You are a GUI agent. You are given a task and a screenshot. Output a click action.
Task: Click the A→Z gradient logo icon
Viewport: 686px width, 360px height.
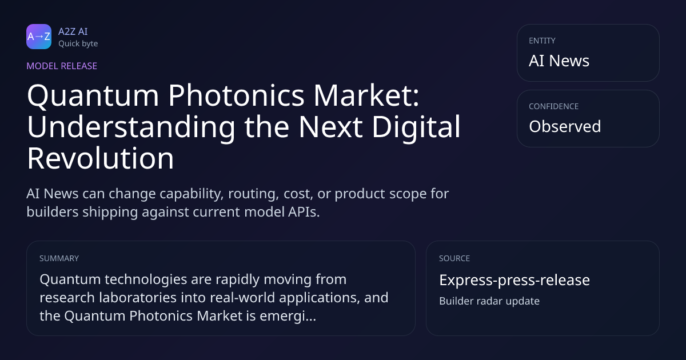[39, 37]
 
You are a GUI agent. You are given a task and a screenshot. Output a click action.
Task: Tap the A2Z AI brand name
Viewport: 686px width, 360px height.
[73, 31]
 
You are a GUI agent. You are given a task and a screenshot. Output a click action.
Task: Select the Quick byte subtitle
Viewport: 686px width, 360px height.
[78, 44]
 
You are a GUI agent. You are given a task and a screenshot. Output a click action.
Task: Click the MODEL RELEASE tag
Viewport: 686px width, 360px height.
[62, 66]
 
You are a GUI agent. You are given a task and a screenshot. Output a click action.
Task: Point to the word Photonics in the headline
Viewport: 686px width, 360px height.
[236, 96]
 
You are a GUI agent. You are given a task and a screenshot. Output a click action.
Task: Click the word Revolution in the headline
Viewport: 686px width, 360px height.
[101, 158]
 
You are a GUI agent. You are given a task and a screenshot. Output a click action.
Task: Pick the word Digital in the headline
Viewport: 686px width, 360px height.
[416, 127]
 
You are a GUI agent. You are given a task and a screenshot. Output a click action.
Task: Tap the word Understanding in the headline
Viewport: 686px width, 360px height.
[131, 127]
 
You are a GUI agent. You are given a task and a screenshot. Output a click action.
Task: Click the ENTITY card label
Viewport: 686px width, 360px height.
[542, 41]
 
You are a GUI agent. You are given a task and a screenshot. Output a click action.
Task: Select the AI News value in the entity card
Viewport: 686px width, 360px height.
[559, 61]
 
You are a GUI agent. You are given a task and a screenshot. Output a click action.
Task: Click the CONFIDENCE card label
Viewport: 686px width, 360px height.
[554, 106]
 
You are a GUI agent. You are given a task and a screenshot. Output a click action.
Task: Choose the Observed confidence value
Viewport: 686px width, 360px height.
[565, 126]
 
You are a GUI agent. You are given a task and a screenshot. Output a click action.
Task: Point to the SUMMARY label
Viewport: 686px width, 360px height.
[59, 258]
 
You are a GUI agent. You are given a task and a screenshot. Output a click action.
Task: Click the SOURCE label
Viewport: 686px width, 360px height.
[454, 258]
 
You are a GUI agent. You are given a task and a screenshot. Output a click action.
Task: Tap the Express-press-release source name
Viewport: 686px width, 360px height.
[514, 280]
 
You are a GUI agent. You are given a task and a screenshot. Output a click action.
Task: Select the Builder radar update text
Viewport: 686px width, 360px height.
[489, 301]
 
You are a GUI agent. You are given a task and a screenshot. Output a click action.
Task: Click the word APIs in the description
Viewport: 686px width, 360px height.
[304, 212]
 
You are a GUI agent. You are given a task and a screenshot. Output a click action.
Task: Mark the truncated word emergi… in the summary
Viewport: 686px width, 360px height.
[288, 316]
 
